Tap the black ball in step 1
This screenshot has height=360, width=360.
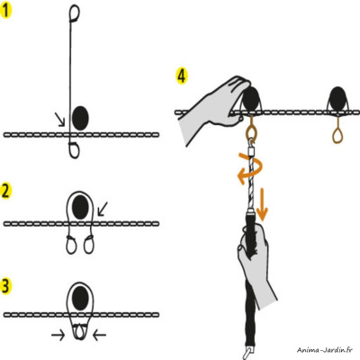(80, 116)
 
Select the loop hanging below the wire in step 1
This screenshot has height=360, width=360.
(73, 148)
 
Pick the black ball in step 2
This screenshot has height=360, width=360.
(82, 208)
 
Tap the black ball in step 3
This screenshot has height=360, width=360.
(82, 294)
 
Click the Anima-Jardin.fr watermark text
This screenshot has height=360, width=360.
(319, 352)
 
